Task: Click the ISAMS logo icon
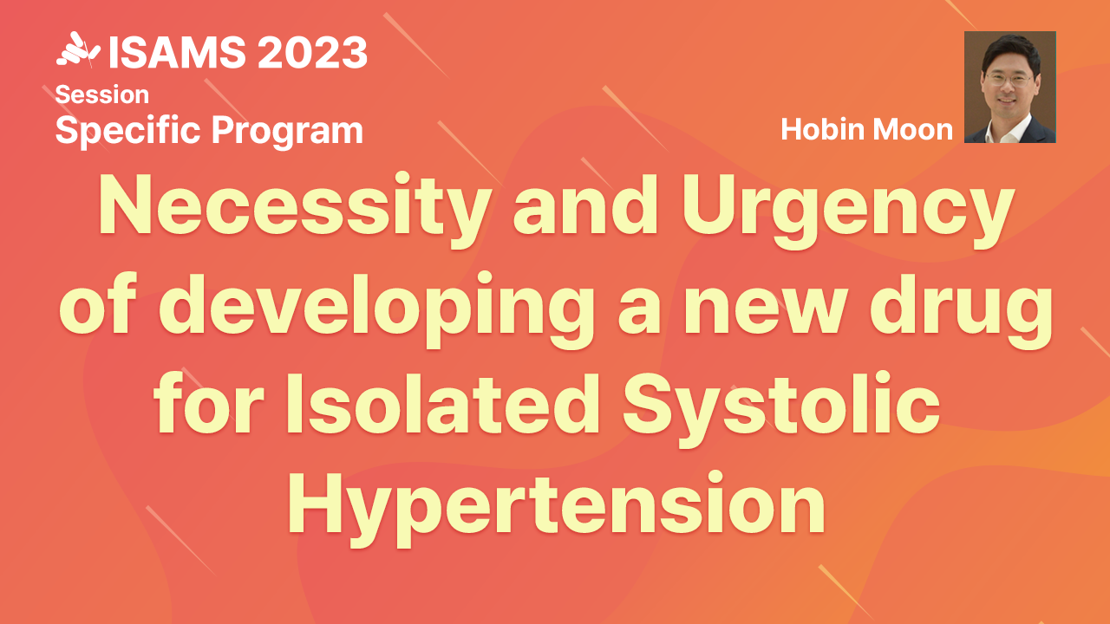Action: click(78, 49)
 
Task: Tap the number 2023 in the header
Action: click(313, 52)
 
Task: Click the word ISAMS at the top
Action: click(178, 52)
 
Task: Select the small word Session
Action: click(102, 94)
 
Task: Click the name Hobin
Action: click(823, 129)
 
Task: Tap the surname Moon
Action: click(912, 130)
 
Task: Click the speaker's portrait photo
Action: click(1010, 88)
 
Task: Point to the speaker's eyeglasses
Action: click(1010, 79)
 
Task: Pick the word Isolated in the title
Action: click(443, 404)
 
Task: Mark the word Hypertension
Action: click(557, 509)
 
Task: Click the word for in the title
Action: click(208, 404)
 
